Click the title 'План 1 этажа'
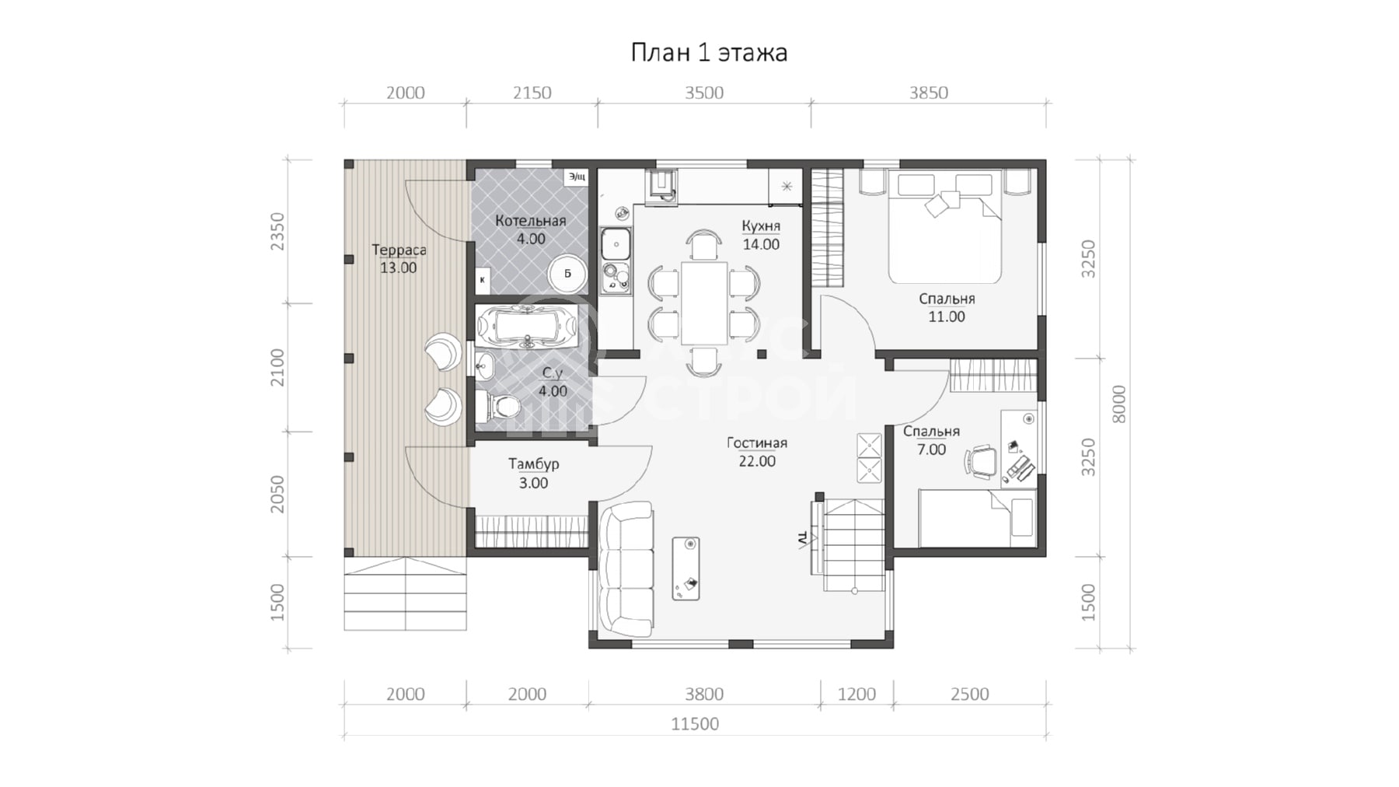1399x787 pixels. [709, 53]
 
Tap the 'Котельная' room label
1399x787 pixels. [531, 221]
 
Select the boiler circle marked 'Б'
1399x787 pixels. [568, 273]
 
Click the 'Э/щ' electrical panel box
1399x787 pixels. [577, 177]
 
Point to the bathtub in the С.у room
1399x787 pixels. [527, 326]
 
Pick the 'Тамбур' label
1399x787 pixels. [534, 464]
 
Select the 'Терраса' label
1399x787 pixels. [399, 250]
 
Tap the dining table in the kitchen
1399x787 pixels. [704, 303]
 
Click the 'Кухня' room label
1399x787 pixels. [761, 226]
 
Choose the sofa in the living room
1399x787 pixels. [626, 569]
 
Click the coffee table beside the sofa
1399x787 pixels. [686, 568]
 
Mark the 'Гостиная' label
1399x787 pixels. [757, 443]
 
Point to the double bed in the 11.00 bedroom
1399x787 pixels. [945, 227]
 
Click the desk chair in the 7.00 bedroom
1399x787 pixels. [981, 460]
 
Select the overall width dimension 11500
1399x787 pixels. [695, 724]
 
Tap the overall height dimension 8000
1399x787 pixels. [1118, 404]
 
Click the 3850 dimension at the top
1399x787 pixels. [929, 93]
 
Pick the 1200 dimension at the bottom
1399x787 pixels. [857, 694]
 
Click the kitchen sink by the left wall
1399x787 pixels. [616, 244]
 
